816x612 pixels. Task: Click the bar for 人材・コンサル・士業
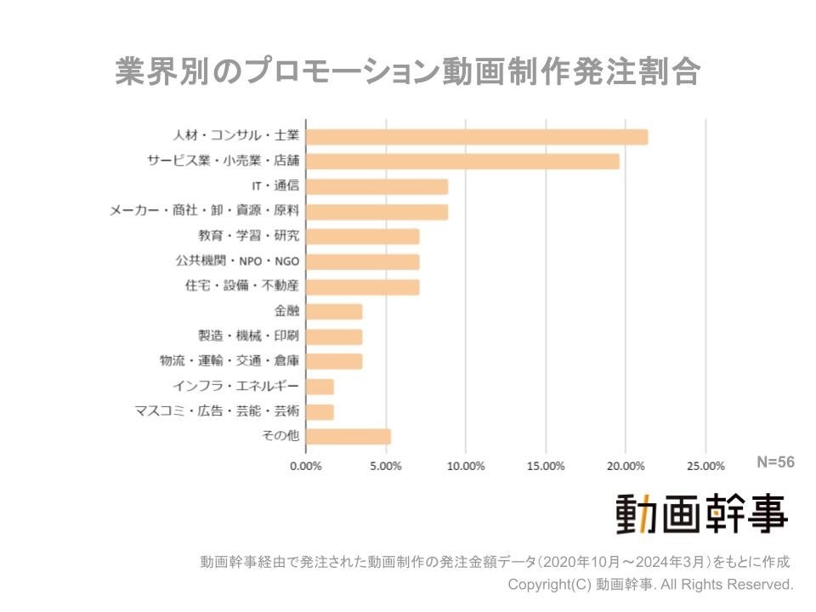click(x=476, y=137)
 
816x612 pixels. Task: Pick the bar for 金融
click(x=333, y=312)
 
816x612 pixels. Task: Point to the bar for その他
click(x=348, y=437)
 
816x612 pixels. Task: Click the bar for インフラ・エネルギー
click(x=319, y=387)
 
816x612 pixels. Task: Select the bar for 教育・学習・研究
click(x=362, y=236)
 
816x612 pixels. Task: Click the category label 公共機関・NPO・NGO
click(x=242, y=261)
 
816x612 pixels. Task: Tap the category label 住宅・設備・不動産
click(x=242, y=286)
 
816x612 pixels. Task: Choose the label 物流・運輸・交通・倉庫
click(x=229, y=361)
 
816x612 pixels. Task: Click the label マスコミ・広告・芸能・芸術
click(x=218, y=411)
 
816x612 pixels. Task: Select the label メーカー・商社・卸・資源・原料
click(x=205, y=211)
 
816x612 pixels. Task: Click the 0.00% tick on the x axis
click(x=305, y=466)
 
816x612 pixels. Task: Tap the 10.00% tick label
click(x=466, y=466)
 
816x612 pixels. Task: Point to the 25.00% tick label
click(x=705, y=466)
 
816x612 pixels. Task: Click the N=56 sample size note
click(x=775, y=462)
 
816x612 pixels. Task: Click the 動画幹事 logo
click(x=701, y=513)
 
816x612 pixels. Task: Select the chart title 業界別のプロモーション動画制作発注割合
click(x=407, y=72)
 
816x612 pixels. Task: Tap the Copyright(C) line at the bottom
click(x=650, y=585)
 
